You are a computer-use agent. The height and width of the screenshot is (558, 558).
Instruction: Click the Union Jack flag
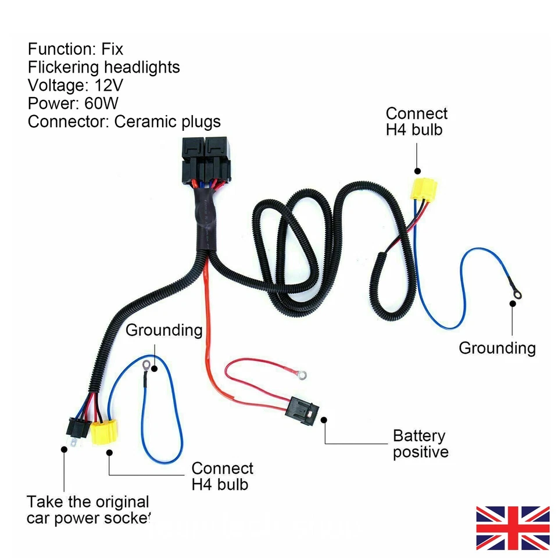point(513,528)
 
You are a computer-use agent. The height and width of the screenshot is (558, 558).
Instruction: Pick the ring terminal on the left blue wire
point(146,366)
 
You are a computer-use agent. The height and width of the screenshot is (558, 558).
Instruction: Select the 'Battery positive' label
point(420,443)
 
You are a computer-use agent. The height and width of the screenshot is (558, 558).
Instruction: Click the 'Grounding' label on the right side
point(497,348)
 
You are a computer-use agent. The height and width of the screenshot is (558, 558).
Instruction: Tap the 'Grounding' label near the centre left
point(164,331)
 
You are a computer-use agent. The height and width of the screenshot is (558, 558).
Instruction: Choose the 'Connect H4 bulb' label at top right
point(416,121)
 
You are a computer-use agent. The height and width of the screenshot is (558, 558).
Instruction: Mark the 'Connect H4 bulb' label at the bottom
point(222,476)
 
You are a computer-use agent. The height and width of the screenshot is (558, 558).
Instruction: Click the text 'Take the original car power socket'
point(88,510)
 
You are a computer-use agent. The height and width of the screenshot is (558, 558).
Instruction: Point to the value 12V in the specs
point(106,85)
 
